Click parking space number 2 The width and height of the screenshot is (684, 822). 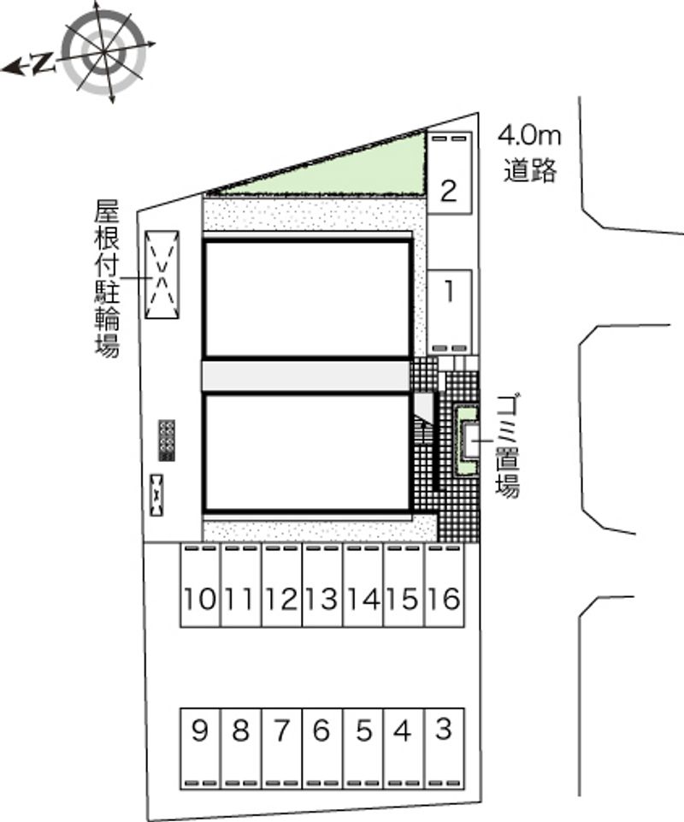tap(449, 173)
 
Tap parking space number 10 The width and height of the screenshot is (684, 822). tap(200, 585)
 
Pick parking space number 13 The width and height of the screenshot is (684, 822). tap(322, 585)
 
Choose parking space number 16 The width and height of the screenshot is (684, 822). tap(445, 585)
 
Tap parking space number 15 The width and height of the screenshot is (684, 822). tap(404, 585)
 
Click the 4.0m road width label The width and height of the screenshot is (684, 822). tap(529, 136)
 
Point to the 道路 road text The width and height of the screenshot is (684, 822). tap(530, 170)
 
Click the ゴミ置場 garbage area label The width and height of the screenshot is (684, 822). tap(507, 446)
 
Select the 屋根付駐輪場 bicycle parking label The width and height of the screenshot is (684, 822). tap(107, 278)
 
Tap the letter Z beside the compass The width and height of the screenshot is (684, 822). tap(44, 63)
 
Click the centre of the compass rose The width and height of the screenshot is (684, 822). tap(103, 52)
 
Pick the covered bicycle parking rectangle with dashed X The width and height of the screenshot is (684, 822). tap(162, 275)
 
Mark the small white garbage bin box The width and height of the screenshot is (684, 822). tap(469, 440)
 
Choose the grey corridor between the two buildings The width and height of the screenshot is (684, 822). tap(306, 376)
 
